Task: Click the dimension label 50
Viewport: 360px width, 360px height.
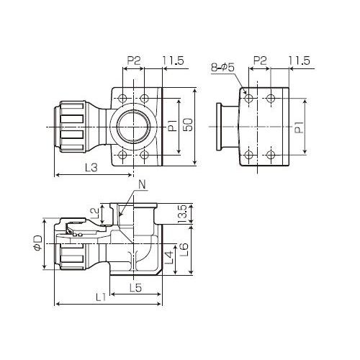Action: coord(189,125)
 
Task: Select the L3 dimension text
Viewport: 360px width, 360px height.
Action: coord(91,168)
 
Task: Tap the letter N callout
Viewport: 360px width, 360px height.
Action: coord(142,185)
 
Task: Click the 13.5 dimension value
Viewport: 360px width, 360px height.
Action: coord(182,214)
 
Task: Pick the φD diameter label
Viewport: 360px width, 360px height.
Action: coord(38,243)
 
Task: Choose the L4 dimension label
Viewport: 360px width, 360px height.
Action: coord(169,257)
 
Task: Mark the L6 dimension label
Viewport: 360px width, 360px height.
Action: coord(184,250)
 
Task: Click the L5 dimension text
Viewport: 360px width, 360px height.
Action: coord(135,287)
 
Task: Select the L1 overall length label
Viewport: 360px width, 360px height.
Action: coord(101,297)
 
